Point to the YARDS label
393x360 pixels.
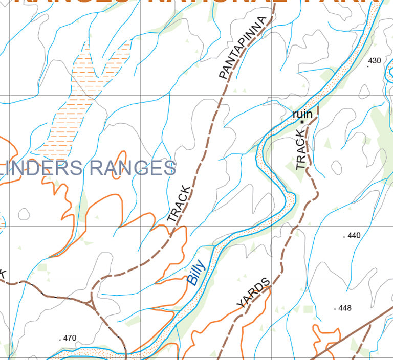click(253, 293)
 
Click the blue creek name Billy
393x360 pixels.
click(196, 273)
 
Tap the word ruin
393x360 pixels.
click(302, 115)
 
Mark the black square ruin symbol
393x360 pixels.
click(302, 122)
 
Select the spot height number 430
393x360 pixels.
click(375, 60)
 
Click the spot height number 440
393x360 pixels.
click(354, 236)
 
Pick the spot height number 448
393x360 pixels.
click(345, 308)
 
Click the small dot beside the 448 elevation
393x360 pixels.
click(335, 309)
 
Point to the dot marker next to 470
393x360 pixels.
click(60, 339)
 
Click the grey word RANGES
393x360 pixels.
click(133, 168)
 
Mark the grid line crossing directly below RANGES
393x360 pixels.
click(141, 226)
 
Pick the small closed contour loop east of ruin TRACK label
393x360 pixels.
click(336, 166)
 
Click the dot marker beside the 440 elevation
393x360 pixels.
click(344, 237)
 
